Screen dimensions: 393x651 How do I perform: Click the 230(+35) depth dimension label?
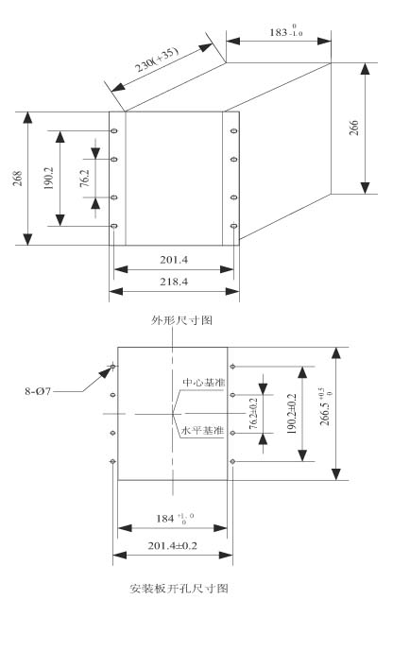click(x=158, y=60)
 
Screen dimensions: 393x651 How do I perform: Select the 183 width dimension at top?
click(x=286, y=31)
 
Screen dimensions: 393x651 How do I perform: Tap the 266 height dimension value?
click(x=353, y=128)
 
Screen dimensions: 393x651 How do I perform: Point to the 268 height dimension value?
click(x=17, y=179)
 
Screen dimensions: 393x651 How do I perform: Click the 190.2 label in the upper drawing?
click(x=49, y=179)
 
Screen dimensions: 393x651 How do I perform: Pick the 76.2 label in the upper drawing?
click(x=85, y=179)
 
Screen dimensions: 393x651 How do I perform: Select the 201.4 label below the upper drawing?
click(x=174, y=260)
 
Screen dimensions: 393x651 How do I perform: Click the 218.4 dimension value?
click(x=174, y=282)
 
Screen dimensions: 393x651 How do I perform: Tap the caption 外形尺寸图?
click(x=181, y=320)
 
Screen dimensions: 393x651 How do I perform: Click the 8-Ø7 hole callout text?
click(x=38, y=391)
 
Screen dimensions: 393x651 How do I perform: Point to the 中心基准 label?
click(x=204, y=382)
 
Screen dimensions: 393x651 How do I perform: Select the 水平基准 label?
click(x=202, y=431)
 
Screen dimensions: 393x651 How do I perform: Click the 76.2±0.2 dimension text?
click(x=253, y=413)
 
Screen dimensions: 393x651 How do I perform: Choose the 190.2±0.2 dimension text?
click(x=292, y=414)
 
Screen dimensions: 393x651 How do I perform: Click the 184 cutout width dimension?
click(x=175, y=518)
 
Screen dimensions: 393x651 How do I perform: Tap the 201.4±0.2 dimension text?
click(x=172, y=545)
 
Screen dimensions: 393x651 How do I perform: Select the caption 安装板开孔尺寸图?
click(x=179, y=589)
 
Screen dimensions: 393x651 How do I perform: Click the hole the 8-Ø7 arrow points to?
click(x=112, y=367)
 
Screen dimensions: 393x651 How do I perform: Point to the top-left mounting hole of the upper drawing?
click(x=114, y=131)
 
